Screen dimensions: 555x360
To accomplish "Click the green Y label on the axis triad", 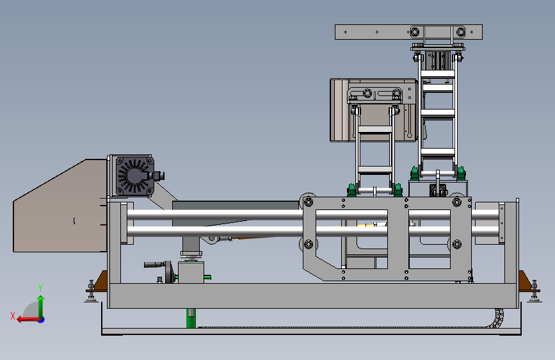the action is click(40, 288).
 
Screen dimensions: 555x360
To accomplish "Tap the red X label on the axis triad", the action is click(13, 316).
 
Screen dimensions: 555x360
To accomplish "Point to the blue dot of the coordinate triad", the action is click(42, 320).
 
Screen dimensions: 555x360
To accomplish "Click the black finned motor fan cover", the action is click(135, 176).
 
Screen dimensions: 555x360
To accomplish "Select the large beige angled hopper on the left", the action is click(60, 209).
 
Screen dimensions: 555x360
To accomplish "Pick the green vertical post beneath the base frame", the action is click(191, 318).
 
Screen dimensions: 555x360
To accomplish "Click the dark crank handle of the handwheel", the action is click(153, 265).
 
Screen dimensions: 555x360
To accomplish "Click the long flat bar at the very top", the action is click(408, 32).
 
